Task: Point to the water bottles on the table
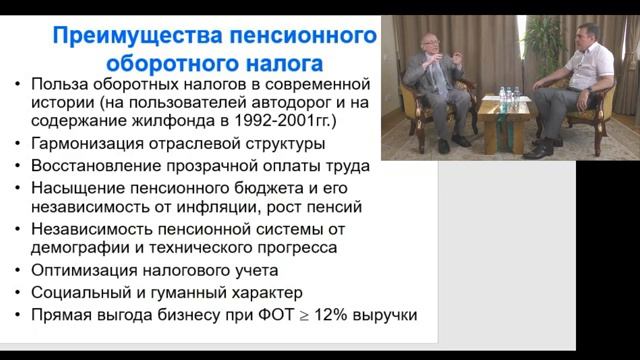509,98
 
